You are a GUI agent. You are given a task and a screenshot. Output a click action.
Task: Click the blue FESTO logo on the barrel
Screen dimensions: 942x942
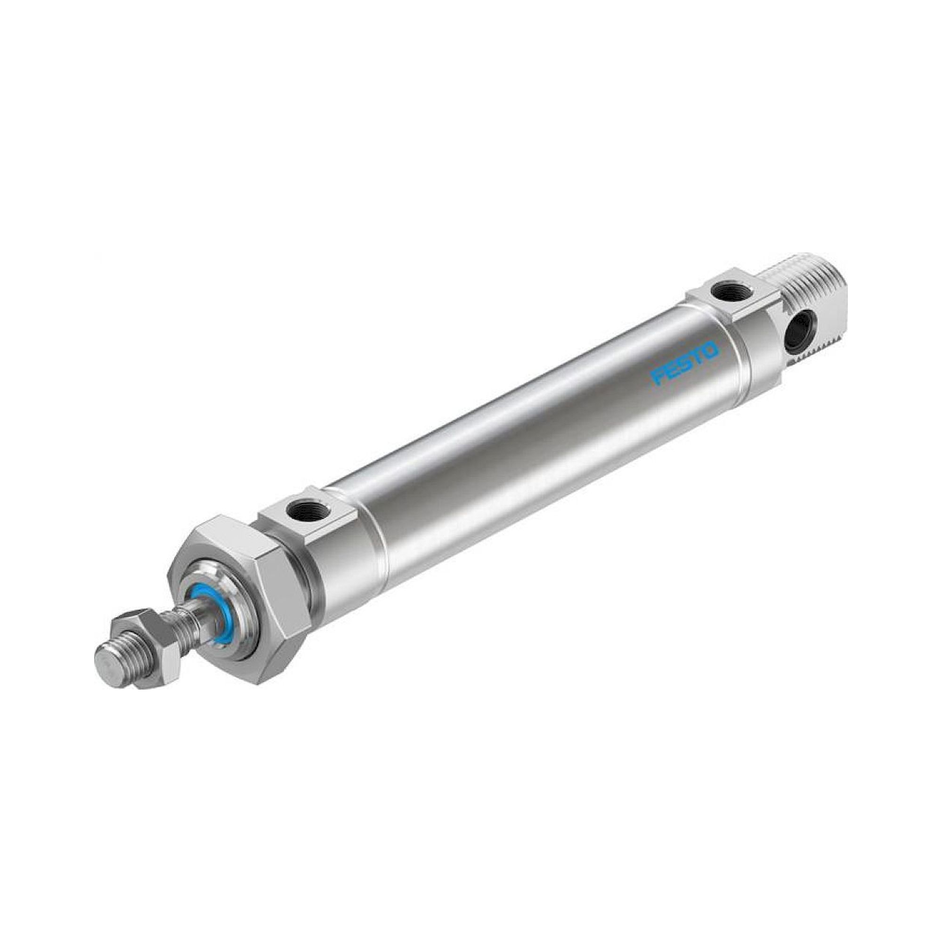tap(685, 362)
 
